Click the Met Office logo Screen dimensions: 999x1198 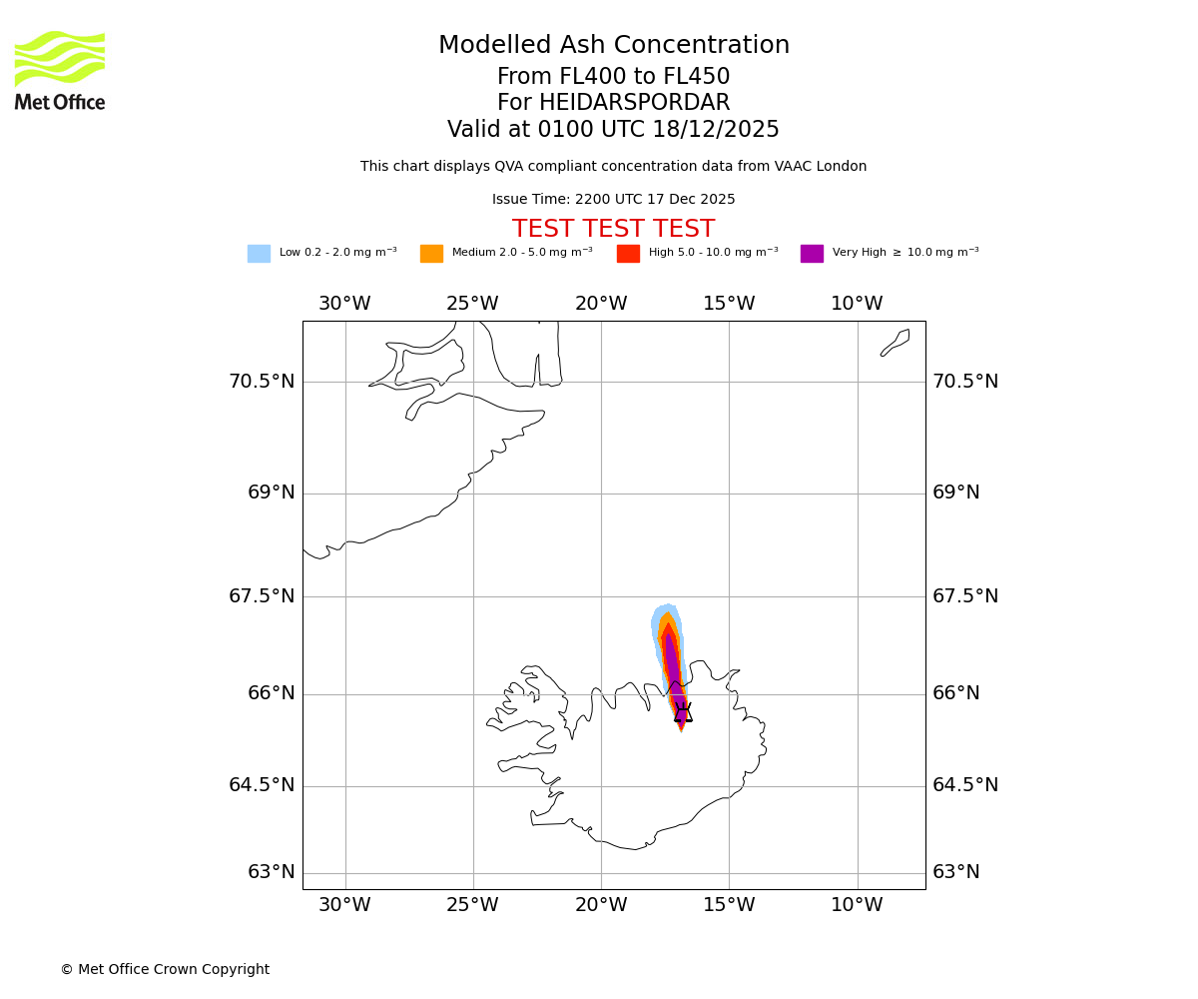coord(60,70)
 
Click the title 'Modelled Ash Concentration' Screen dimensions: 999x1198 coord(613,46)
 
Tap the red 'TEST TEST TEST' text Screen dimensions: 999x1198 coord(613,229)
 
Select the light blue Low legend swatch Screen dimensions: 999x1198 coord(259,254)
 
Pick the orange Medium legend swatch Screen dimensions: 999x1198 coord(431,254)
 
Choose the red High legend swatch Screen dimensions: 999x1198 coord(628,254)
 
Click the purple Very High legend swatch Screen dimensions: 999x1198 coord(812,254)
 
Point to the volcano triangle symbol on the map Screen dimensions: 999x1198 coord(683,713)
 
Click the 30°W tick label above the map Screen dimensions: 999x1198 coord(344,304)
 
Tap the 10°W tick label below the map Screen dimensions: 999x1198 coord(857,905)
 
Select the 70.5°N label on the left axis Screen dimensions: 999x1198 coord(262,382)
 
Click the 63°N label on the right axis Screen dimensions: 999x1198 coord(956,872)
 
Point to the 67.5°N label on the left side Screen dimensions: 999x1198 coord(262,596)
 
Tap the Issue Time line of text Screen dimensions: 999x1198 coord(613,200)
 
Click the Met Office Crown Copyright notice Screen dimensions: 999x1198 coord(165,969)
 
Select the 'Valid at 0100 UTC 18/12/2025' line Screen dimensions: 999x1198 coord(613,130)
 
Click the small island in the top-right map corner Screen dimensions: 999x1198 coord(896,342)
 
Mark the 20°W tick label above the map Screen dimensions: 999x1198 coord(601,304)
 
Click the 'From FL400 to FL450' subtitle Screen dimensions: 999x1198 coord(613,77)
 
